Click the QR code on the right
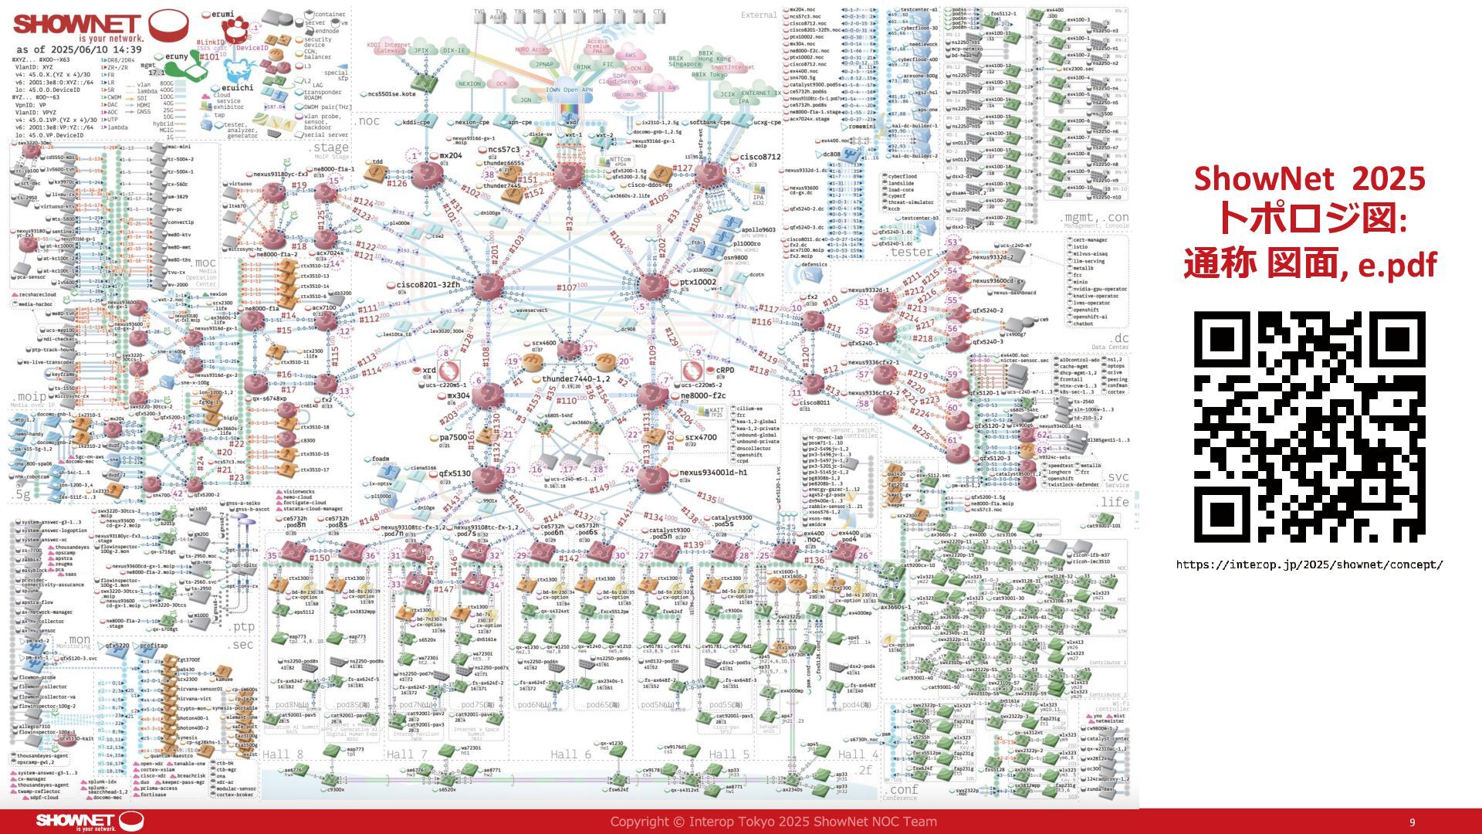(x=1309, y=426)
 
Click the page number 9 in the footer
(x=1413, y=822)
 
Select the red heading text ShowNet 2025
(x=1309, y=179)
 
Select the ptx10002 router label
(x=698, y=282)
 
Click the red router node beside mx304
(x=488, y=396)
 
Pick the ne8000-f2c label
(x=702, y=395)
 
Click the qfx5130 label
(x=455, y=473)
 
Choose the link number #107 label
(x=567, y=287)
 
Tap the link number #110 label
(x=567, y=401)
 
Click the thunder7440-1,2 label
(x=576, y=379)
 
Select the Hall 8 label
(x=283, y=754)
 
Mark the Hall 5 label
(x=729, y=754)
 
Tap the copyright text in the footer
(x=773, y=822)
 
